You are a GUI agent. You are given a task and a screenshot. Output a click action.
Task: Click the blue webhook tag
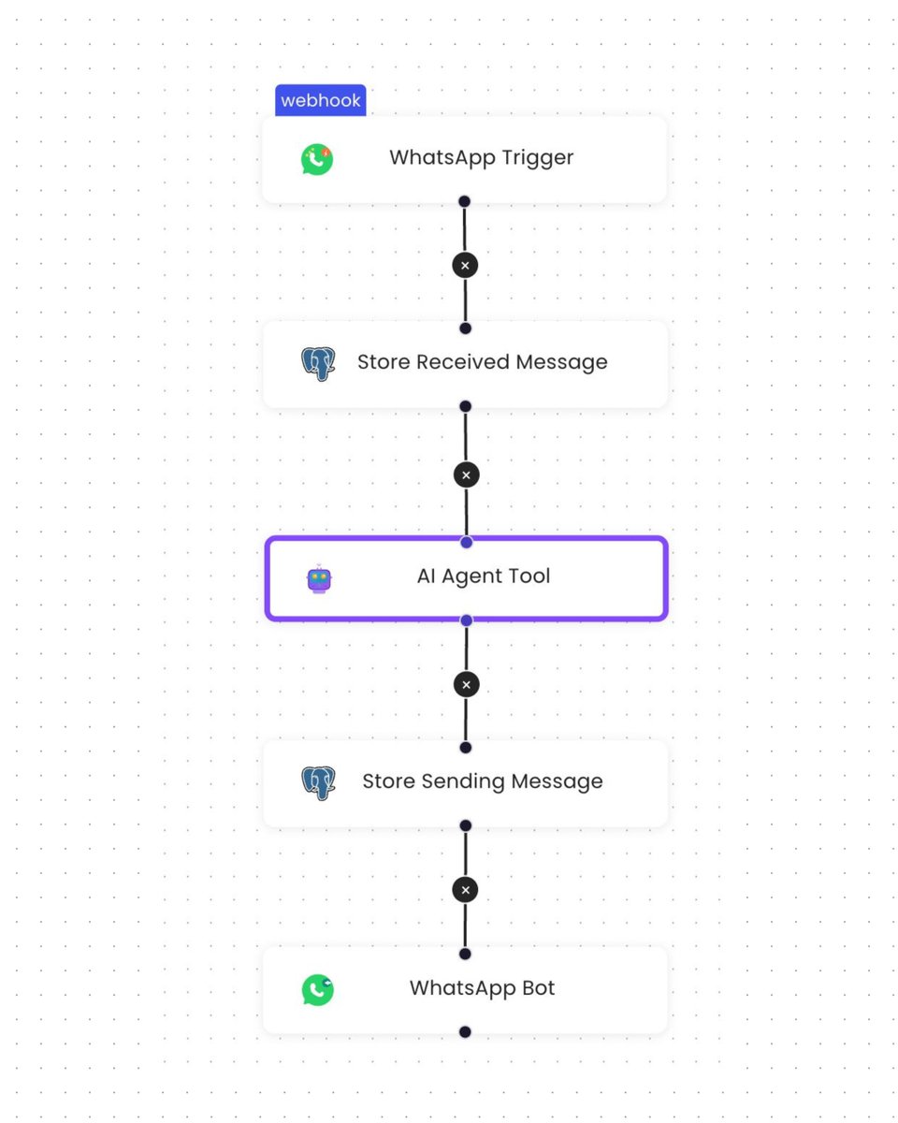(x=320, y=100)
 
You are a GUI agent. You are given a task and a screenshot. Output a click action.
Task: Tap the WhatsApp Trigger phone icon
(x=317, y=159)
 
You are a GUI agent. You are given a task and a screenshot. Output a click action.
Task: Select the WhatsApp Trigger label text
(x=481, y=157)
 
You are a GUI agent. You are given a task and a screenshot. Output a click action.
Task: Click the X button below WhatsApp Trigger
(x=465, y=265)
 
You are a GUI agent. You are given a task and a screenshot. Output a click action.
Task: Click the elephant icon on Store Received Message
(x=318, y=363)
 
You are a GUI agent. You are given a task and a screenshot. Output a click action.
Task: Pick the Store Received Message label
(x=482, y=362)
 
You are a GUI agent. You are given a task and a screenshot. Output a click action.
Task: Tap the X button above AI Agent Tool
(x=466, y=474)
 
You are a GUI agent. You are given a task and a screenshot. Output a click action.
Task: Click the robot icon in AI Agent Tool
(x=319, y=579)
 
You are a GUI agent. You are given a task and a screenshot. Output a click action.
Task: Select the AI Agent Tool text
(x=483, y=576)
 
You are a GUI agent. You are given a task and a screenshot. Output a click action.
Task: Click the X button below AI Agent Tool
(x=466, y=684)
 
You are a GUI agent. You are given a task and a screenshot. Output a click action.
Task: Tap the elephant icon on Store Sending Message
(x=318, y=782)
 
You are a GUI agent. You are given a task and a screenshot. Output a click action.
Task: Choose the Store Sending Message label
(x=482, y=781)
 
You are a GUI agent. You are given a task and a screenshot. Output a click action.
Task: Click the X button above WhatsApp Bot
(x=465, y=889)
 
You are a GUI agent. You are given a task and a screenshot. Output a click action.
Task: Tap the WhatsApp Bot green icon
(x=317, y=990)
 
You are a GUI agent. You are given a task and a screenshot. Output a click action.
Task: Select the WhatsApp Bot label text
(x=482, y=988)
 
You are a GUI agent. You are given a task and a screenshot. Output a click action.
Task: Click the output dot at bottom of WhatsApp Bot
(x=465, y=1032)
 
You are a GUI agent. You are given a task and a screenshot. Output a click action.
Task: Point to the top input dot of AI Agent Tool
(x=466, y=542)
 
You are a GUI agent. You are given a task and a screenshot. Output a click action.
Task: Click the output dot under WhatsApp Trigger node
(x=464, y=201)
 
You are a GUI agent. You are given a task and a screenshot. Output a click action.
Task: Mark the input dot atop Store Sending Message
(x=466, y=748)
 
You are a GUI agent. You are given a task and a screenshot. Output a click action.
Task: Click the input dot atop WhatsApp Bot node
(x=465, y=954)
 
